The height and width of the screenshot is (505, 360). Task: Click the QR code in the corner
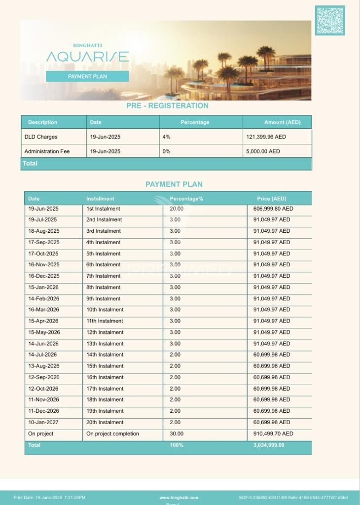tap(330, 20)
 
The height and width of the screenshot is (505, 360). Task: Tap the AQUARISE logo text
tap(88, 57)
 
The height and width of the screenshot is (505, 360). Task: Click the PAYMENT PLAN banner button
tap(87, 76)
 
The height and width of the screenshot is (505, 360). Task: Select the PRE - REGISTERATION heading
tap(167, 106)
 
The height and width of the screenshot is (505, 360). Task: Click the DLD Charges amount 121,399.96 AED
tap(266, 137)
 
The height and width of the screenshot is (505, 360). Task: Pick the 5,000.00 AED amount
tap(263, 151)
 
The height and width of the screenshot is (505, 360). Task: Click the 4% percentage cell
tap(166, 137)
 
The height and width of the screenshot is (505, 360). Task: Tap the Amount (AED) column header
tap(282, 122)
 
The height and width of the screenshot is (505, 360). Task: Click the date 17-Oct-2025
tap(43, 253)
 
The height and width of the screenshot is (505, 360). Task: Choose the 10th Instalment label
tap(105, 310)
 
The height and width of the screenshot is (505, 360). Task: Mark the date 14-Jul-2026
tap(42, 355)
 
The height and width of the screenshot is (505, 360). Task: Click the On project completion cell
tap(112, 434)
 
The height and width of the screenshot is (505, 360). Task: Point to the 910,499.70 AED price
tap(273, 434)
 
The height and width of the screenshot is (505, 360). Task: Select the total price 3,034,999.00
tap(269, 445)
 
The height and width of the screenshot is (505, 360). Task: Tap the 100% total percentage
tap(177, 445)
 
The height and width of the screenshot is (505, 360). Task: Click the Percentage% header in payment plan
tap(186, 199)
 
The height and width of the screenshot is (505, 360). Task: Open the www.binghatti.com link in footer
tap(179, 498)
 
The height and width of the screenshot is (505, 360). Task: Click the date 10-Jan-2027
tap(43, 422)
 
